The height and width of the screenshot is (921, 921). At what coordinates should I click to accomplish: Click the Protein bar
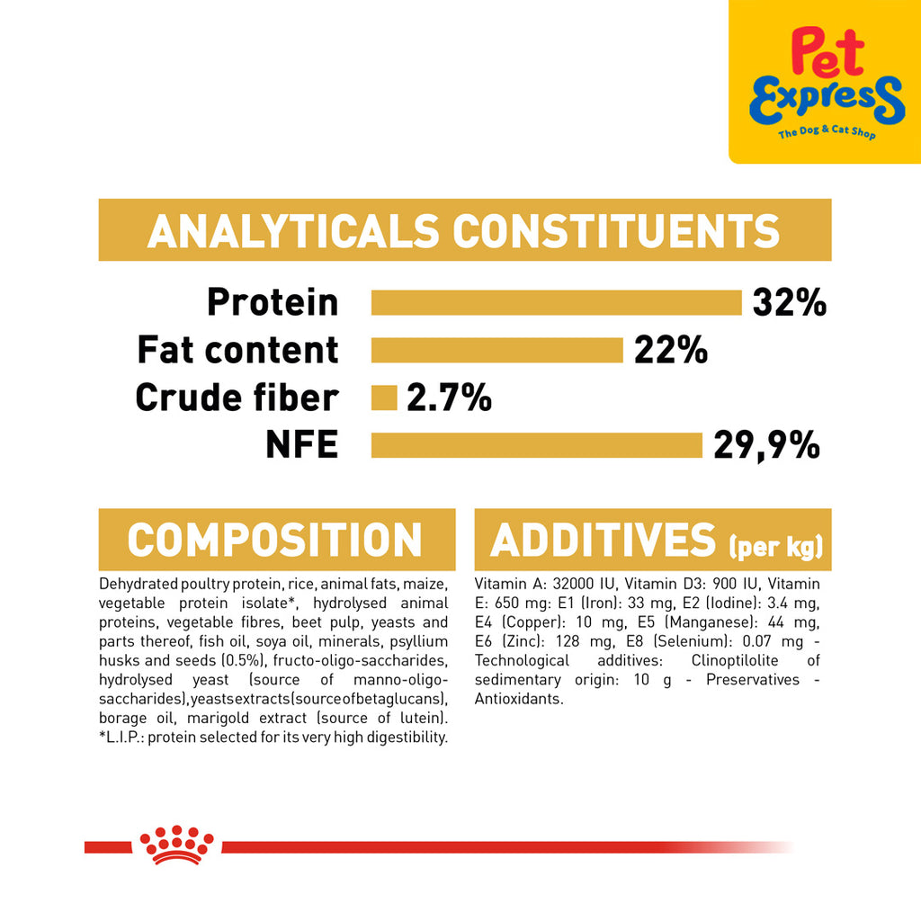[556, 302]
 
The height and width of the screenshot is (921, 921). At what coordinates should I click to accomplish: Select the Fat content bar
[496, 350]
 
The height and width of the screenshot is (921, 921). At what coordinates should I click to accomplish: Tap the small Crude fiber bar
[384, 398]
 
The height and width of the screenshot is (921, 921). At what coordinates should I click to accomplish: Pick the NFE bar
[537, 445]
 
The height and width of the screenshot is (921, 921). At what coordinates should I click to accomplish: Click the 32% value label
[790, 302]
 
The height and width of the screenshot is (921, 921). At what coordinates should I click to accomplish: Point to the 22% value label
[671, 350]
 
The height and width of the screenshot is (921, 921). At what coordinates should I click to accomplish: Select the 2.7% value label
[449, 398]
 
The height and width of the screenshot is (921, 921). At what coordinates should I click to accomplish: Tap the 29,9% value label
[766, 445]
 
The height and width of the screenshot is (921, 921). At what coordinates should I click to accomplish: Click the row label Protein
[273, 302]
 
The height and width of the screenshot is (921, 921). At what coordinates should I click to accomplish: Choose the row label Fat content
[237, 350]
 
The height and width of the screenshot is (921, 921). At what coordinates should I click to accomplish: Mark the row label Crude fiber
[237, 398]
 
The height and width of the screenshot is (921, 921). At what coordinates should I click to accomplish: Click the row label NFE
[302, 444]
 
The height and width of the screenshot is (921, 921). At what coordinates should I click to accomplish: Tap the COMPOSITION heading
[275, 540]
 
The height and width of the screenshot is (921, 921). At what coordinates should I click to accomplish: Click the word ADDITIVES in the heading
[604, 540]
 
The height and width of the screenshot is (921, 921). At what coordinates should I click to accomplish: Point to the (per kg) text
[775, 546]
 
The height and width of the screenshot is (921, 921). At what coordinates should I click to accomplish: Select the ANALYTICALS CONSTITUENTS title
[464, 230]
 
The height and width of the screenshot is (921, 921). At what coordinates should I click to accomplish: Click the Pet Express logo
[827, 83]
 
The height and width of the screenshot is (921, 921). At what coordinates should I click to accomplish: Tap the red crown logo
[176, 845]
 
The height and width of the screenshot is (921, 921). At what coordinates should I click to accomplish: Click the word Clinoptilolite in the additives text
[735, 661]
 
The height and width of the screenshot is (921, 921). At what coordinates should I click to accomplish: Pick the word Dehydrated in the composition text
[139, 584]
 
